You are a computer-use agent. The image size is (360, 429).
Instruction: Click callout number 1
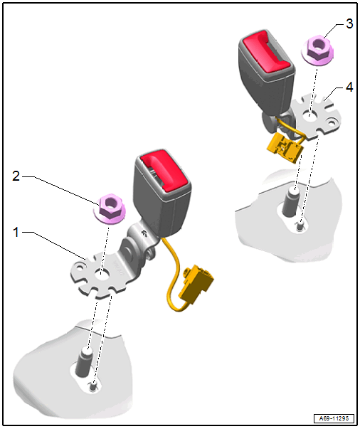pos(16,232)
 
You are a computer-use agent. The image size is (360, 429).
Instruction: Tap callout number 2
pos(16,176)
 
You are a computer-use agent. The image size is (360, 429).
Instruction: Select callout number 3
pos(349,23)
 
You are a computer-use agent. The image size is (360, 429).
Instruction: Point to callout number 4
pos(349,88)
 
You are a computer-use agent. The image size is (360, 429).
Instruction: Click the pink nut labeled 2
pos(110,208)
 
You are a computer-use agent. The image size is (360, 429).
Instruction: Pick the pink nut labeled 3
pos(317,50)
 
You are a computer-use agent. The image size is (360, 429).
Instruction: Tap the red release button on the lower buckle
pos(164,169)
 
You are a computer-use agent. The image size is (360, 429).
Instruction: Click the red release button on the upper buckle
pos(266,51)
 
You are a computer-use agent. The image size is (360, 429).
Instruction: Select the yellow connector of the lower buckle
pos(196,284)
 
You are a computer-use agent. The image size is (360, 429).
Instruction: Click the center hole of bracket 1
pos(102,274)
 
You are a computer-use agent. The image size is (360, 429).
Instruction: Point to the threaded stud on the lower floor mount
pos(84,361)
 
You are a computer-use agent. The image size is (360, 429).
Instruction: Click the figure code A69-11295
pos(334,418)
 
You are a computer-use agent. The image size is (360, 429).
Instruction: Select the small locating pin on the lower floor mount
pos(93,386)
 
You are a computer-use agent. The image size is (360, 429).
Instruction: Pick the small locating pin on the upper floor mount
pos(300,225)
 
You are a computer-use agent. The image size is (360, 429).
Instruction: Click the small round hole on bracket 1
pos(80,267)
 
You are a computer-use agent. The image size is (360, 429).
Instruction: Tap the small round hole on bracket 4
pos(332,121)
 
